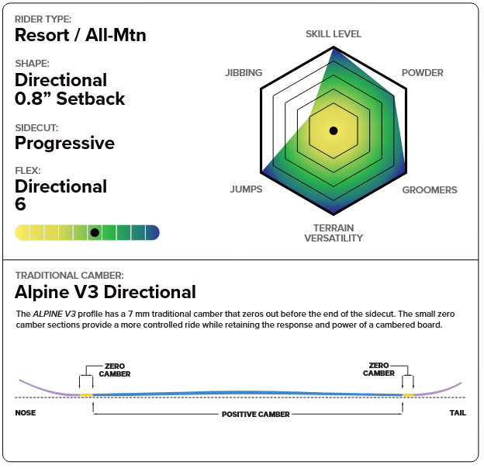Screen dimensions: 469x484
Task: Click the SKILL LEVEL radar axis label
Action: coord(333,34)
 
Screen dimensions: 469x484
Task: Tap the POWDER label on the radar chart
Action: coord(422,73)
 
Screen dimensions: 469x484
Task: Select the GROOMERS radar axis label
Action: coord(429,189)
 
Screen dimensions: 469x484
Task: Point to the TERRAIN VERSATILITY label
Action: coord(333,233)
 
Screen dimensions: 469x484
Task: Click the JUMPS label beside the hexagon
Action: coord(246,189)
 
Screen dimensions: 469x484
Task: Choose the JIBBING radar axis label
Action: coord(244,73)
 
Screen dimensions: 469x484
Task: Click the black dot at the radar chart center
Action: coord(333,130)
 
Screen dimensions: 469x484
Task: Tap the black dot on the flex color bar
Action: coord(94,232)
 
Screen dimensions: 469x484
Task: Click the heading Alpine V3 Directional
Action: coord(105,292)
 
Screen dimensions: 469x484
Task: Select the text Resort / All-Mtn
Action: coord(81,35)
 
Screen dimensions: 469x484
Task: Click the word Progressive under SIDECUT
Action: coord(64,143)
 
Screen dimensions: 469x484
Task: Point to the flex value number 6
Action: coord(21,204)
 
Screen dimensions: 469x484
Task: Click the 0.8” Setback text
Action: coord(70,99)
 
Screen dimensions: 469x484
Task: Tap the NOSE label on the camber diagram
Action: coord(26,412)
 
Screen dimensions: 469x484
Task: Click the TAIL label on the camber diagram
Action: coord(458,412)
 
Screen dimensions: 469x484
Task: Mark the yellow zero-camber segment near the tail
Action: coord(408,395)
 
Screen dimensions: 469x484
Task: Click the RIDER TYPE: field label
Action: coord(45,19)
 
